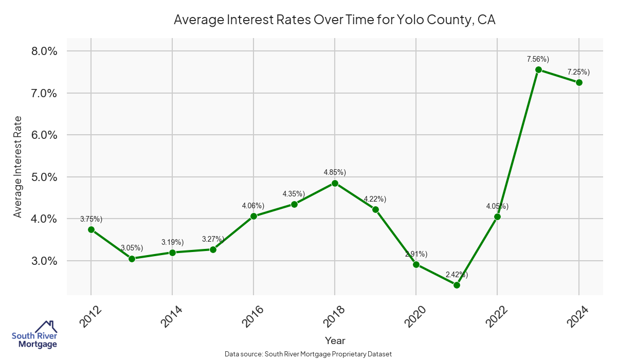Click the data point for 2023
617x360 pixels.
[538, 69]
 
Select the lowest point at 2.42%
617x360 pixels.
[457, 285]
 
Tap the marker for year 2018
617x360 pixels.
[335, 183]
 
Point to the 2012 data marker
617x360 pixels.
[91, 229]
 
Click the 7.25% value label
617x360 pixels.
[578, 72]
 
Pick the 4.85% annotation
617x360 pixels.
[335, 172]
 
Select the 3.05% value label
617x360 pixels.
[132, 248]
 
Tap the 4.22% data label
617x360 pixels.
[375, 199]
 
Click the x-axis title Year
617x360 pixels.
[335, 340]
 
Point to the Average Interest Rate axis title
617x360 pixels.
[18, 167]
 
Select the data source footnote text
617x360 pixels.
[308, 354]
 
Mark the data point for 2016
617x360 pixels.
[253, 216]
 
